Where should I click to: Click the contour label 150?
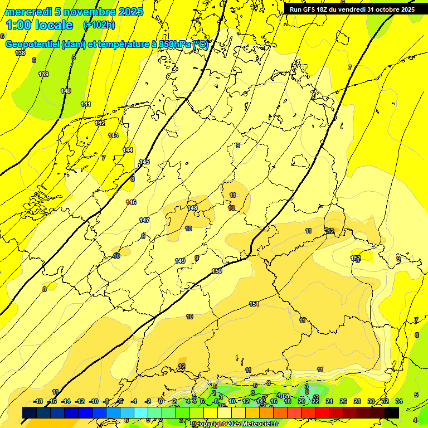(217, 271)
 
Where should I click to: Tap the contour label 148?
(192, 208)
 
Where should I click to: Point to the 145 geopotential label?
(144, 162)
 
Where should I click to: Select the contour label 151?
(254, 304)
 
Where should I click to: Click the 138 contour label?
(20, 53)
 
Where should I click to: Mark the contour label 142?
(100, 123)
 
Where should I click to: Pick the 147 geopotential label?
(144, 220)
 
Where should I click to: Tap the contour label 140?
(66, 91)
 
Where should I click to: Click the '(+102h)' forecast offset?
(99, 25)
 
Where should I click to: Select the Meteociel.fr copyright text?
(236, 424)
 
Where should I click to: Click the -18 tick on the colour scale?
(38, 401)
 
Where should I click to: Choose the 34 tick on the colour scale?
(398, 401)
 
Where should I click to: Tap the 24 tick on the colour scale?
(329, 401)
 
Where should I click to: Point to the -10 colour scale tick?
(94, 401)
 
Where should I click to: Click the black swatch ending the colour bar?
(392, 412)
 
